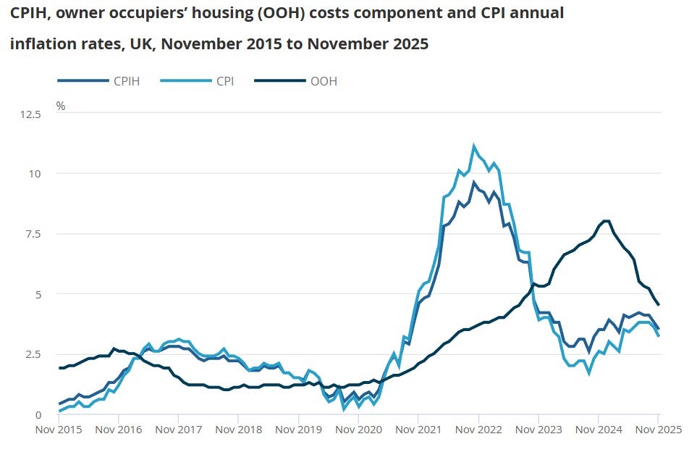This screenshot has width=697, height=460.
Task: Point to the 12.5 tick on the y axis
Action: pyautogui.click(x=31, y=114)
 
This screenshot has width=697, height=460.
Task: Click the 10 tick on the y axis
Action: pyautogui.click(x=35, y=174)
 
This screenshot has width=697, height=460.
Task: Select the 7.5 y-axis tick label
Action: pyautogui.click(x=33, y=234)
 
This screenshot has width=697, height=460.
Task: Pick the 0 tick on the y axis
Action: pyautogui.click(x=38, y=414)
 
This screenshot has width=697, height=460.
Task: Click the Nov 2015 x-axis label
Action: pyautogui.click(x=58, y=430)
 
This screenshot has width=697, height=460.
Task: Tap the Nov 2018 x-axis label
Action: pyautogui.click(x=238, y=430)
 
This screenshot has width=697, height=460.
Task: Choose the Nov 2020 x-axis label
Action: pyautogui.click(x=358, y=430)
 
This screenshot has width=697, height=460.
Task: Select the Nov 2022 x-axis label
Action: pyautogui.click(x=478, y=430)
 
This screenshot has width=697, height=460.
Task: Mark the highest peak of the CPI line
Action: pyautogui.click(x=474, y=146)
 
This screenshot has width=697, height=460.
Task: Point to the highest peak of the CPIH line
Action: pyautogui.click(x=474, y=182)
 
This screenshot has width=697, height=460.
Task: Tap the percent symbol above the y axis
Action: pyautogui.click(x=61, y=106)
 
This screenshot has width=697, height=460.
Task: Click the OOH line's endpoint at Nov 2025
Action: pyautogui.click(x=658, y=305)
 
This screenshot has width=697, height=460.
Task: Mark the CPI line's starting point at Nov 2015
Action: pyautogui.click(x=59, y=411)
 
